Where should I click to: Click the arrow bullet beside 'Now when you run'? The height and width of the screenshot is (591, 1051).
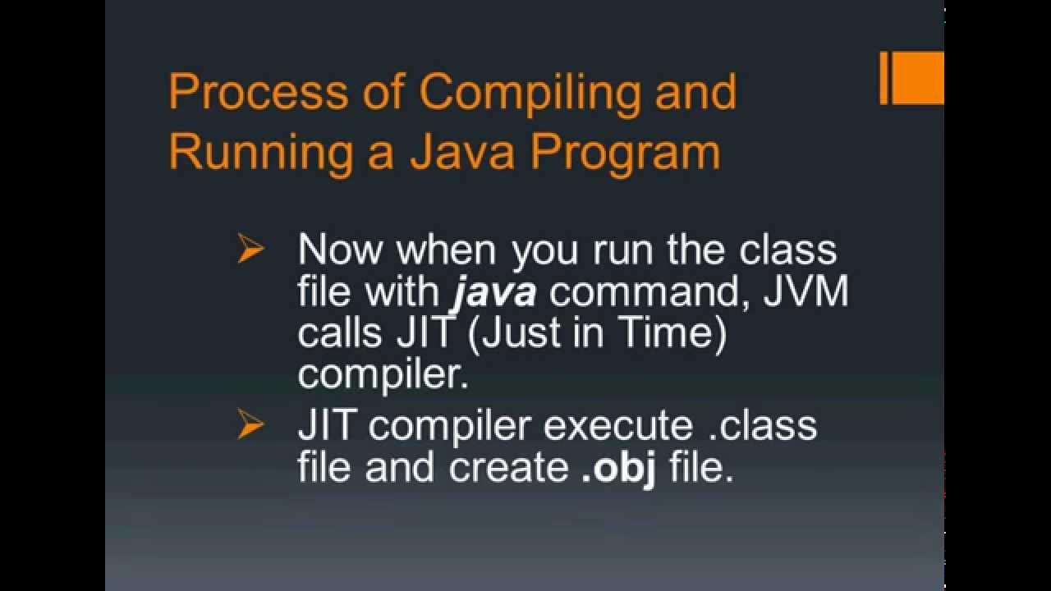click(250, 250)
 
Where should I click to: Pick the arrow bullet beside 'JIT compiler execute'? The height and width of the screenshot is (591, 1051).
click(250, 425)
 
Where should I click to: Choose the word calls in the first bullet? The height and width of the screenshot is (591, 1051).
click(338, 334)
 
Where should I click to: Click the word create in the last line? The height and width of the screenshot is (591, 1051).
click(504, 468)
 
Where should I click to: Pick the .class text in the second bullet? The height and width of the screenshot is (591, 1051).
click(761, 426)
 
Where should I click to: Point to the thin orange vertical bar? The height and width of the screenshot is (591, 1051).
click(884, 78)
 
